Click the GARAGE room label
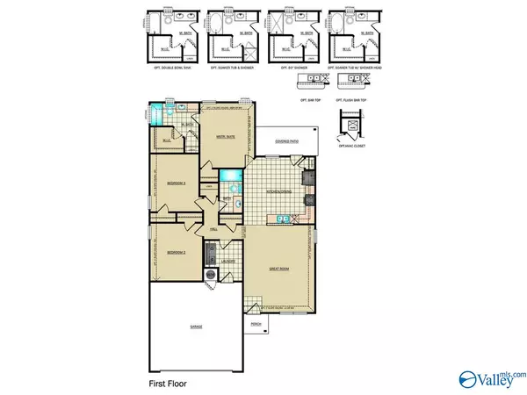(x=196, y=327)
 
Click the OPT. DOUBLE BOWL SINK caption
(x=169, y=68)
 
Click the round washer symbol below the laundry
(x=211, y=274)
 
